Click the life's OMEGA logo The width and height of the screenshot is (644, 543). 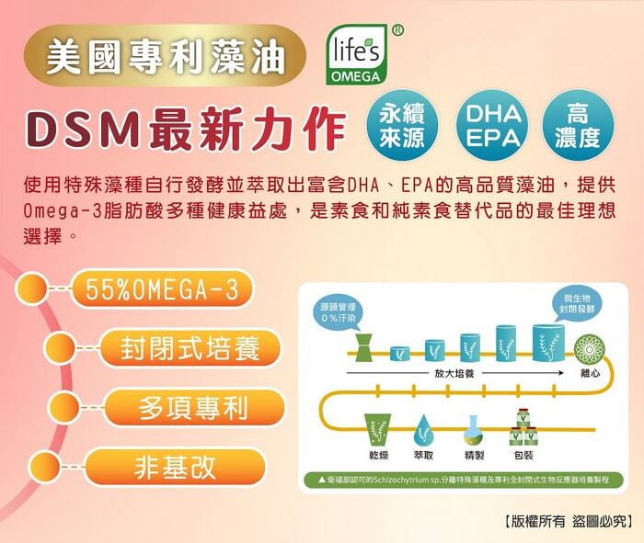click(x=354, y=56)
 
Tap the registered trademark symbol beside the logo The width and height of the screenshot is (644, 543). click(x=397, y=29)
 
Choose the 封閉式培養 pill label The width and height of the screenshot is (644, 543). click(x=190, y=349)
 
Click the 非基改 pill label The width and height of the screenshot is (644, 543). click(x=175, y=466)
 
